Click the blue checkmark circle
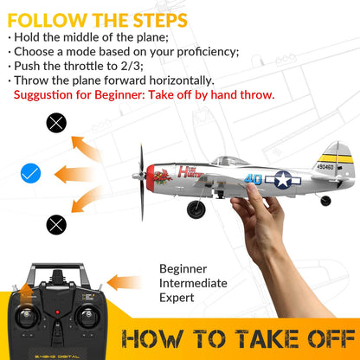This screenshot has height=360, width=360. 31,174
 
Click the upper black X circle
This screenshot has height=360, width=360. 56,123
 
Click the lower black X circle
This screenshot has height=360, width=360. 56,225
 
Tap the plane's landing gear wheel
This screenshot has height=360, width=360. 196,209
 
